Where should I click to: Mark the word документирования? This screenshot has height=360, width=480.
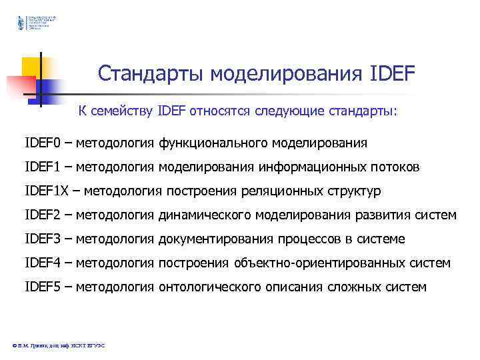pyautogui.click(x=213, y=239)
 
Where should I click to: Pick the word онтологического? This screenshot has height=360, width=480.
pyautogui.click(x=205, y=287)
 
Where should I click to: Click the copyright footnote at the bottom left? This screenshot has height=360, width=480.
pyautogui.click(x=59, y=345)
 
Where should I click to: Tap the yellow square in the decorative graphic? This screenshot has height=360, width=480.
pyautogui.click(x=31, y=67)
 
